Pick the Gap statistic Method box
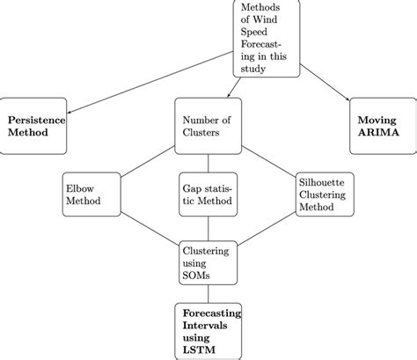coord(208,194)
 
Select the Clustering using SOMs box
coord(208,263)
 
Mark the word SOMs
coord(198,276)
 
